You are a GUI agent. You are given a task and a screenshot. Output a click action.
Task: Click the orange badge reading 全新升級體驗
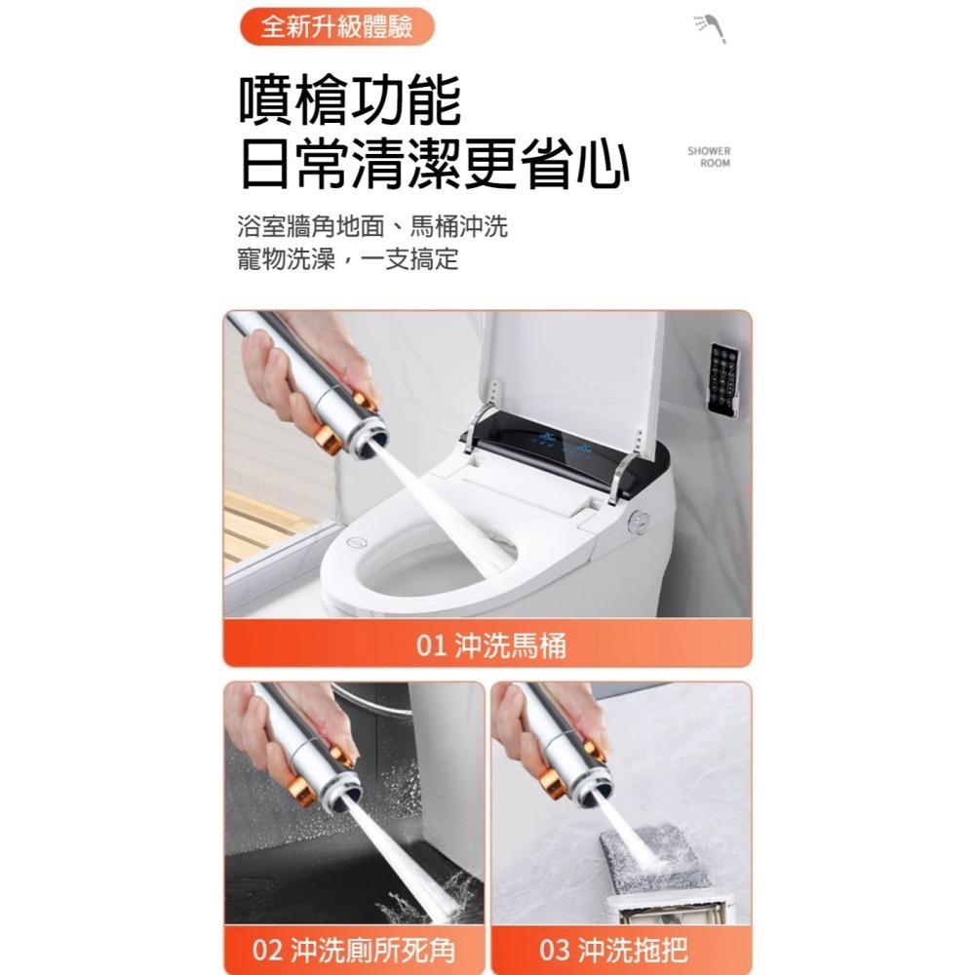(336, 26)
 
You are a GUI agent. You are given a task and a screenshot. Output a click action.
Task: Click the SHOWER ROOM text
(708, 157)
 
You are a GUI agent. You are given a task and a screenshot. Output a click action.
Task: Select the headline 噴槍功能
(350, 102)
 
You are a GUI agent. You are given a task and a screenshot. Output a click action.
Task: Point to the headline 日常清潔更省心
(434, 165)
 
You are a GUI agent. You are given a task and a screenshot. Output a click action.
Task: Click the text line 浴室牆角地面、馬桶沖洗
(372, 228)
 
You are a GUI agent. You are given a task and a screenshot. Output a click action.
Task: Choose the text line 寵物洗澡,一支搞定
(347, 260)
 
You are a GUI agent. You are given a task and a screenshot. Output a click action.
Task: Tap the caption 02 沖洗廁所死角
(354, 950)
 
